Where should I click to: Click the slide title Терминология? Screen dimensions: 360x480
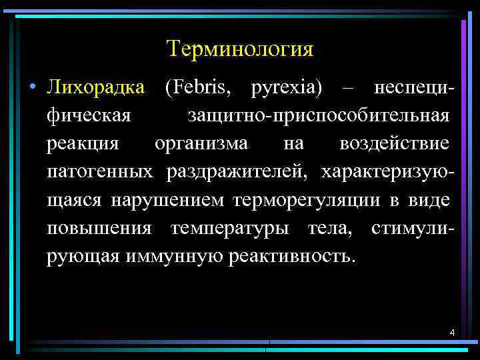coord(240,49)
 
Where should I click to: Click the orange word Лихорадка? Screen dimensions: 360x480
coord(95,88)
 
